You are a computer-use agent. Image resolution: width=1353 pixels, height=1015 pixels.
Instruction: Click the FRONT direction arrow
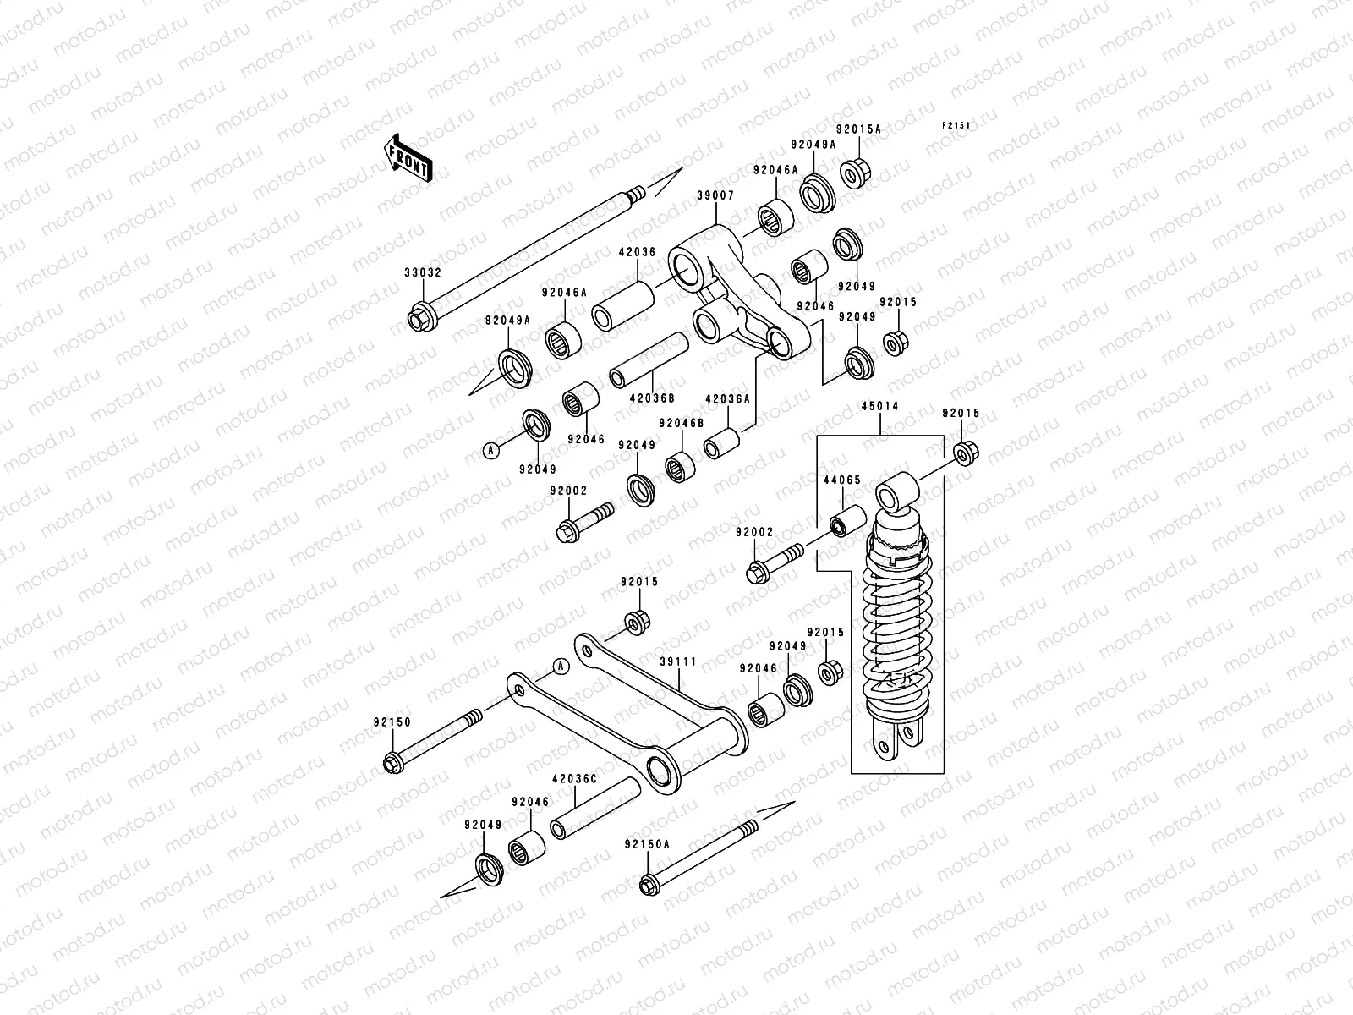pos(410,158)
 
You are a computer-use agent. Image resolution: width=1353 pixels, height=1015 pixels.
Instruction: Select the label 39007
pos(715,195)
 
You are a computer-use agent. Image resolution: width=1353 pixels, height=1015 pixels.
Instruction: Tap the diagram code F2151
pos(956,126)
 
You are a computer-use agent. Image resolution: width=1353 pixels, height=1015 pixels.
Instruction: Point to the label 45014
pos(880,407)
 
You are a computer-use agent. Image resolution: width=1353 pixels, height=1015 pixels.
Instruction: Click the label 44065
pos(842,480)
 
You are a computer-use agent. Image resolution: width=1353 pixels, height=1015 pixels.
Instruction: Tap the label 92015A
pos(858,129)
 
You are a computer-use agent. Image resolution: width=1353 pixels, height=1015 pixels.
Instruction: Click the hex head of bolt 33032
pos(418,320)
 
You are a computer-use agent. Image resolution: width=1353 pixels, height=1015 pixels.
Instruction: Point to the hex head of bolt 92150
pos(393,762)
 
